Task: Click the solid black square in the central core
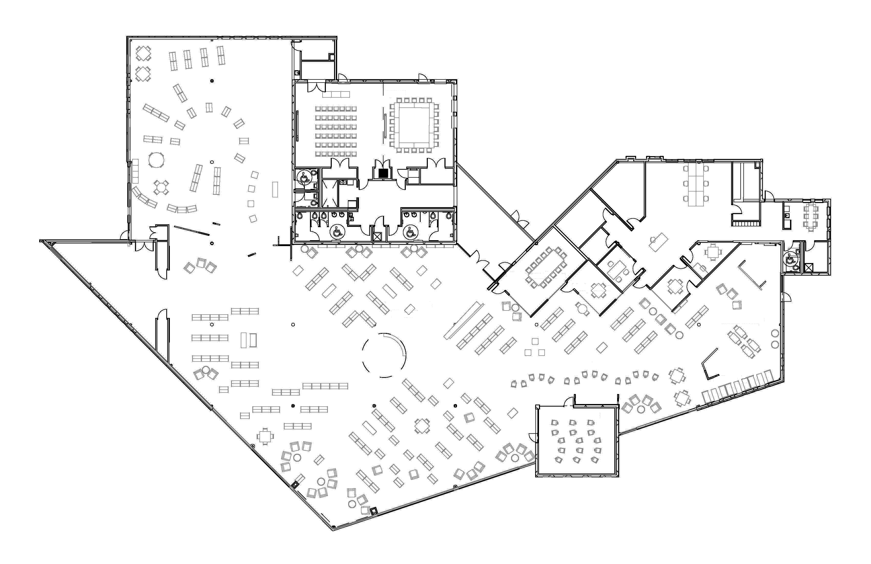383,174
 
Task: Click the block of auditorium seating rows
336,131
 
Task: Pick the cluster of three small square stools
535,348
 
